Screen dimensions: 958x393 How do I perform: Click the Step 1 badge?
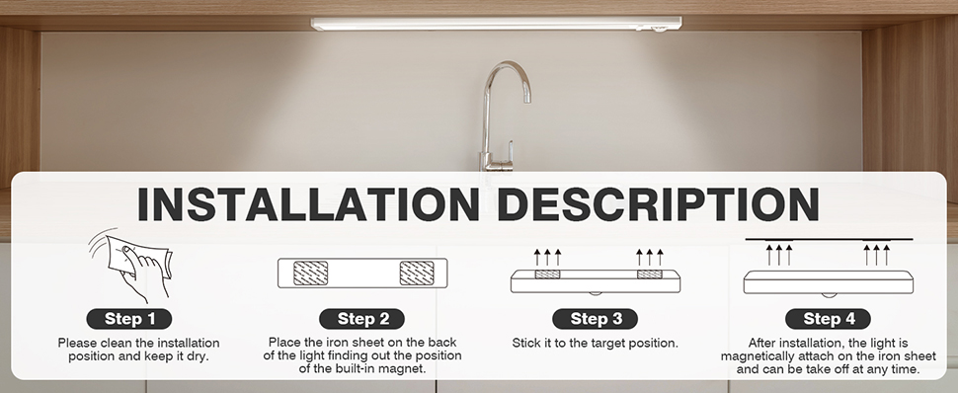pos(129,319)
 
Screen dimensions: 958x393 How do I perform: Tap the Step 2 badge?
pos(362,319)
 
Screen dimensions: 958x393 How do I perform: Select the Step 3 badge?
pos(596,319)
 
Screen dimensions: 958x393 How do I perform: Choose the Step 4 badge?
pos(828,319)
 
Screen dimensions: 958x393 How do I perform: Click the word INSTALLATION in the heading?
pos(308,204)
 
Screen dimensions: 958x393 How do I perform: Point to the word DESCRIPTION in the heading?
pos(658,204)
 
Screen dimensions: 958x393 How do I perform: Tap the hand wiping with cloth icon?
pos(129,266)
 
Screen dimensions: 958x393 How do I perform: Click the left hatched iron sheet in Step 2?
pos(310,274)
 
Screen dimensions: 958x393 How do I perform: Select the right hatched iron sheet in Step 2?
pos(417,274)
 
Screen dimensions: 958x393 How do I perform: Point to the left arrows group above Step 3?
pos(547,257)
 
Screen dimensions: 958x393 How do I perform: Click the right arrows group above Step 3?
pos(650,257)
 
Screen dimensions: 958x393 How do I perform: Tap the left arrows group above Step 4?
pos(779,255)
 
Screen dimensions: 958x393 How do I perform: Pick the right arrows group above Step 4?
pos(876,255)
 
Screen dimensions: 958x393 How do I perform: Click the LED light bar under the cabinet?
pos(496,24)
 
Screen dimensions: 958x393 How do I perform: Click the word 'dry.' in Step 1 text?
pos(197,356)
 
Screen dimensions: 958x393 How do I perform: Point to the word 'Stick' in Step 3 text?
pos(525,343)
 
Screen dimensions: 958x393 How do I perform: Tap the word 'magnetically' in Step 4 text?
pos(758,356)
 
